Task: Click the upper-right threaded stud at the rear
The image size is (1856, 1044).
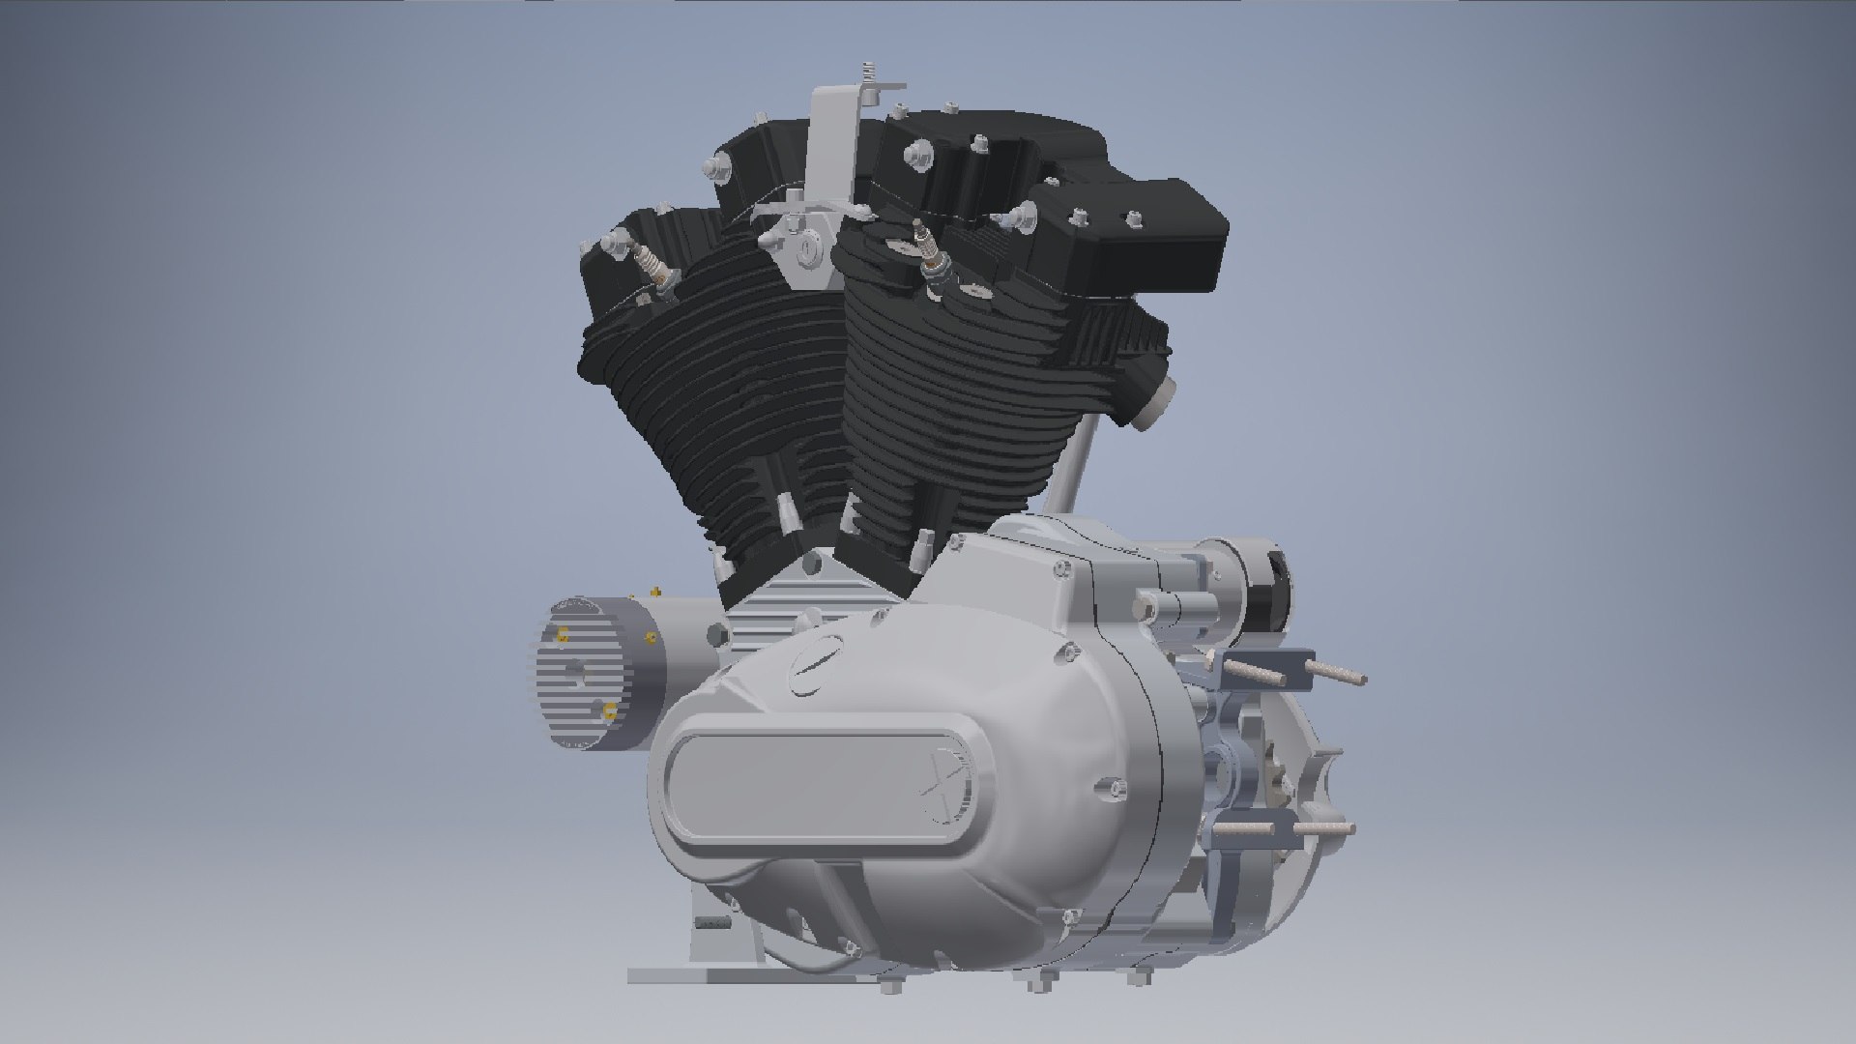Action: [x=1339, y=674]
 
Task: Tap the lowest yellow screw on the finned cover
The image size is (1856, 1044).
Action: [x=609, y=713]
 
